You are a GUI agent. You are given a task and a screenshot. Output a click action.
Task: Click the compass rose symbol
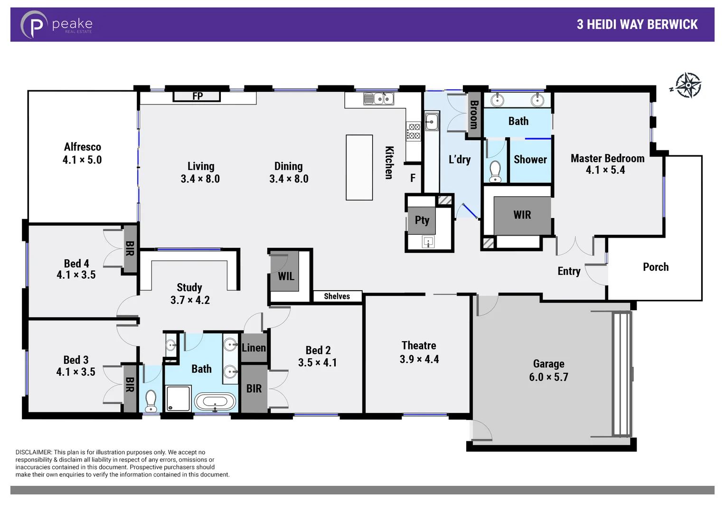tap(687, 85)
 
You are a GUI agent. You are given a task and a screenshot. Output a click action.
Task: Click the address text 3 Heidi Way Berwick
tap(637, 25)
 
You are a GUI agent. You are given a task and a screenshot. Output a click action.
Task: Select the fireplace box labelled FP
tap(197, 96)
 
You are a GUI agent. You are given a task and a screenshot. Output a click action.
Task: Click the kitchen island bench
tap(359, 167)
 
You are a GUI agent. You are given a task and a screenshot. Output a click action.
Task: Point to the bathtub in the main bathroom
tap(215, 402)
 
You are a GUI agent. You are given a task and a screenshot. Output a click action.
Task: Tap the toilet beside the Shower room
tap(495, 171)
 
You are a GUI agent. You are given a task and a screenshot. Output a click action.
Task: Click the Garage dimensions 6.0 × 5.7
tap(548, 377)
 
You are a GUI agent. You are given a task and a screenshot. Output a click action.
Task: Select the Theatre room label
tap(418, 345)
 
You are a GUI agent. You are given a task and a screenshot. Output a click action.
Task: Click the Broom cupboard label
tap(473, 114)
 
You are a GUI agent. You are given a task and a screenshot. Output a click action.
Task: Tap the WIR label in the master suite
tap(522, 215)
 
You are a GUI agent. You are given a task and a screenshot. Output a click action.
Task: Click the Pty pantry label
tap(422, 220)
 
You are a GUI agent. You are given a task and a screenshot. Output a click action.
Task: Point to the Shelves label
tap(337, 296)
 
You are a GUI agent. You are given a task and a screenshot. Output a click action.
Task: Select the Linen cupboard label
tap(254, 348)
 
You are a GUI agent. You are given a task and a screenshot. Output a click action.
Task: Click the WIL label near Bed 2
tap(286, 276)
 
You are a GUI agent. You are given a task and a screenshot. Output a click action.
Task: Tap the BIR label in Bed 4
tap(130, 248)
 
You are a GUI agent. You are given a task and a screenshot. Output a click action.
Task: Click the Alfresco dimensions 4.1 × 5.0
tap(82, 160)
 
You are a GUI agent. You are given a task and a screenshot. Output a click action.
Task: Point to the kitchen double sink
tap(378, 99)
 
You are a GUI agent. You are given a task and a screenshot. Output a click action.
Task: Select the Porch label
tap(655, 267)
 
